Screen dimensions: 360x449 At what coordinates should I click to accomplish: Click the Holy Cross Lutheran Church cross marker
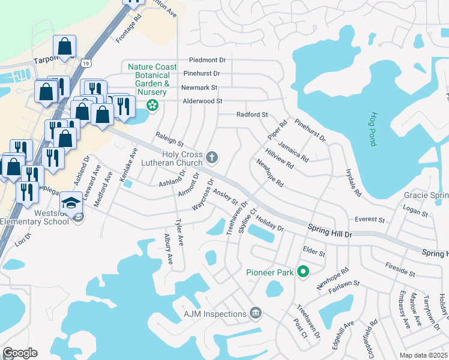click(x=211, y=158)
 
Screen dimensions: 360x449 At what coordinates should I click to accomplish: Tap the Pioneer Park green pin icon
click(x=303, y=272)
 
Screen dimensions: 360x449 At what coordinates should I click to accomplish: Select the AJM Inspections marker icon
click(x=256, y=313)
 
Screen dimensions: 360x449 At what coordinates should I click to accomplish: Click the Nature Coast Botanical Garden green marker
click(x=152, y=106)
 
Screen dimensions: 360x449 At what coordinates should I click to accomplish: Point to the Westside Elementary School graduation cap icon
click(x=72, y=203)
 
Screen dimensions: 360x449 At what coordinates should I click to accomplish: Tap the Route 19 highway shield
click(x=88, y=63)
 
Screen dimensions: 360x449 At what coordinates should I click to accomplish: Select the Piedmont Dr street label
click(x=207, y=60)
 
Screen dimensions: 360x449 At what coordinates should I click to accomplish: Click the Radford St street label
click(x=252, y=114)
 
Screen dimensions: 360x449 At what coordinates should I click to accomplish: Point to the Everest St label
click(x=369, y=220)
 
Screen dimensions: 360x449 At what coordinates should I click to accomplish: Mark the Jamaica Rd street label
click(x=293, y=152)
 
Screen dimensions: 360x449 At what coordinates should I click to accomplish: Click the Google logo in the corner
click(x=20, y=353)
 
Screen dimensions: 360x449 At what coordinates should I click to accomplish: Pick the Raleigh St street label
click(x=169, y=139)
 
